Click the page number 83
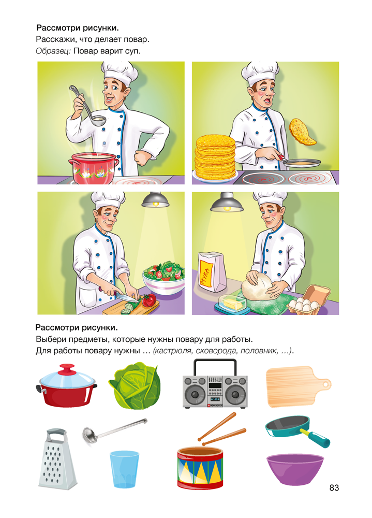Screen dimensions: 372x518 (334, 487)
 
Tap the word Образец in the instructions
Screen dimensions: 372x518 (53, 51)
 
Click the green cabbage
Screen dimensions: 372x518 (135, 385)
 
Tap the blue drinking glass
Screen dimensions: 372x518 (124, 469)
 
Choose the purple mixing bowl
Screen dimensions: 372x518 (295, 469)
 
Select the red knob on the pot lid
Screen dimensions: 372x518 (67, 369)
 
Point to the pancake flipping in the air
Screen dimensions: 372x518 (302, 132)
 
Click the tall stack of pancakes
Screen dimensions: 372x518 (215, 156)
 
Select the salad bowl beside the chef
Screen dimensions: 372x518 (163, 278)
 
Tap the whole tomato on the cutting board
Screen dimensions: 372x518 (148, 300)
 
